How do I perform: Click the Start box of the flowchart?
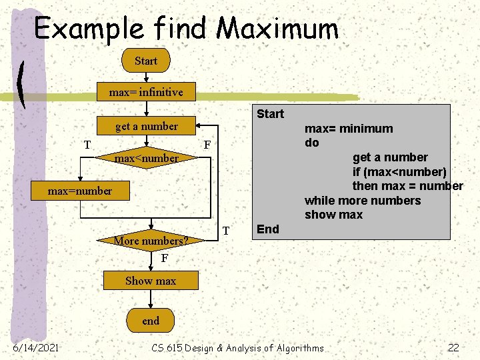point(146,61)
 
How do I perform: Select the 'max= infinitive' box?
point(146,92)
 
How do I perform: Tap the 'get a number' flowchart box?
point(146,126)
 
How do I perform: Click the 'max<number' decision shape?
point(146,159)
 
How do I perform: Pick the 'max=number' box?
point(80,191)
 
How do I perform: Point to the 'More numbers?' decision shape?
point(151,240)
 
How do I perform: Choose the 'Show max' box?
point(151,281)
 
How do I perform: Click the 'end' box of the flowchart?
point(151,321)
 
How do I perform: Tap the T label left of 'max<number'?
point(87,145)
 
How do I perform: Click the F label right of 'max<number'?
point(207,145)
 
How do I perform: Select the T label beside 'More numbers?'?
point(226,231)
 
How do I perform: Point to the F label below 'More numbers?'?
point(165,258)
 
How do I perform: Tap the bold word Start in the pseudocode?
point(270,114)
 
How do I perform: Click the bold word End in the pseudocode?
point(267,229)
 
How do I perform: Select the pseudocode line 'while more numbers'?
point(363,201)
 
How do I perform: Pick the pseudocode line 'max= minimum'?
point(349,129)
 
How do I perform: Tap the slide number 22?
point(453,347)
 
